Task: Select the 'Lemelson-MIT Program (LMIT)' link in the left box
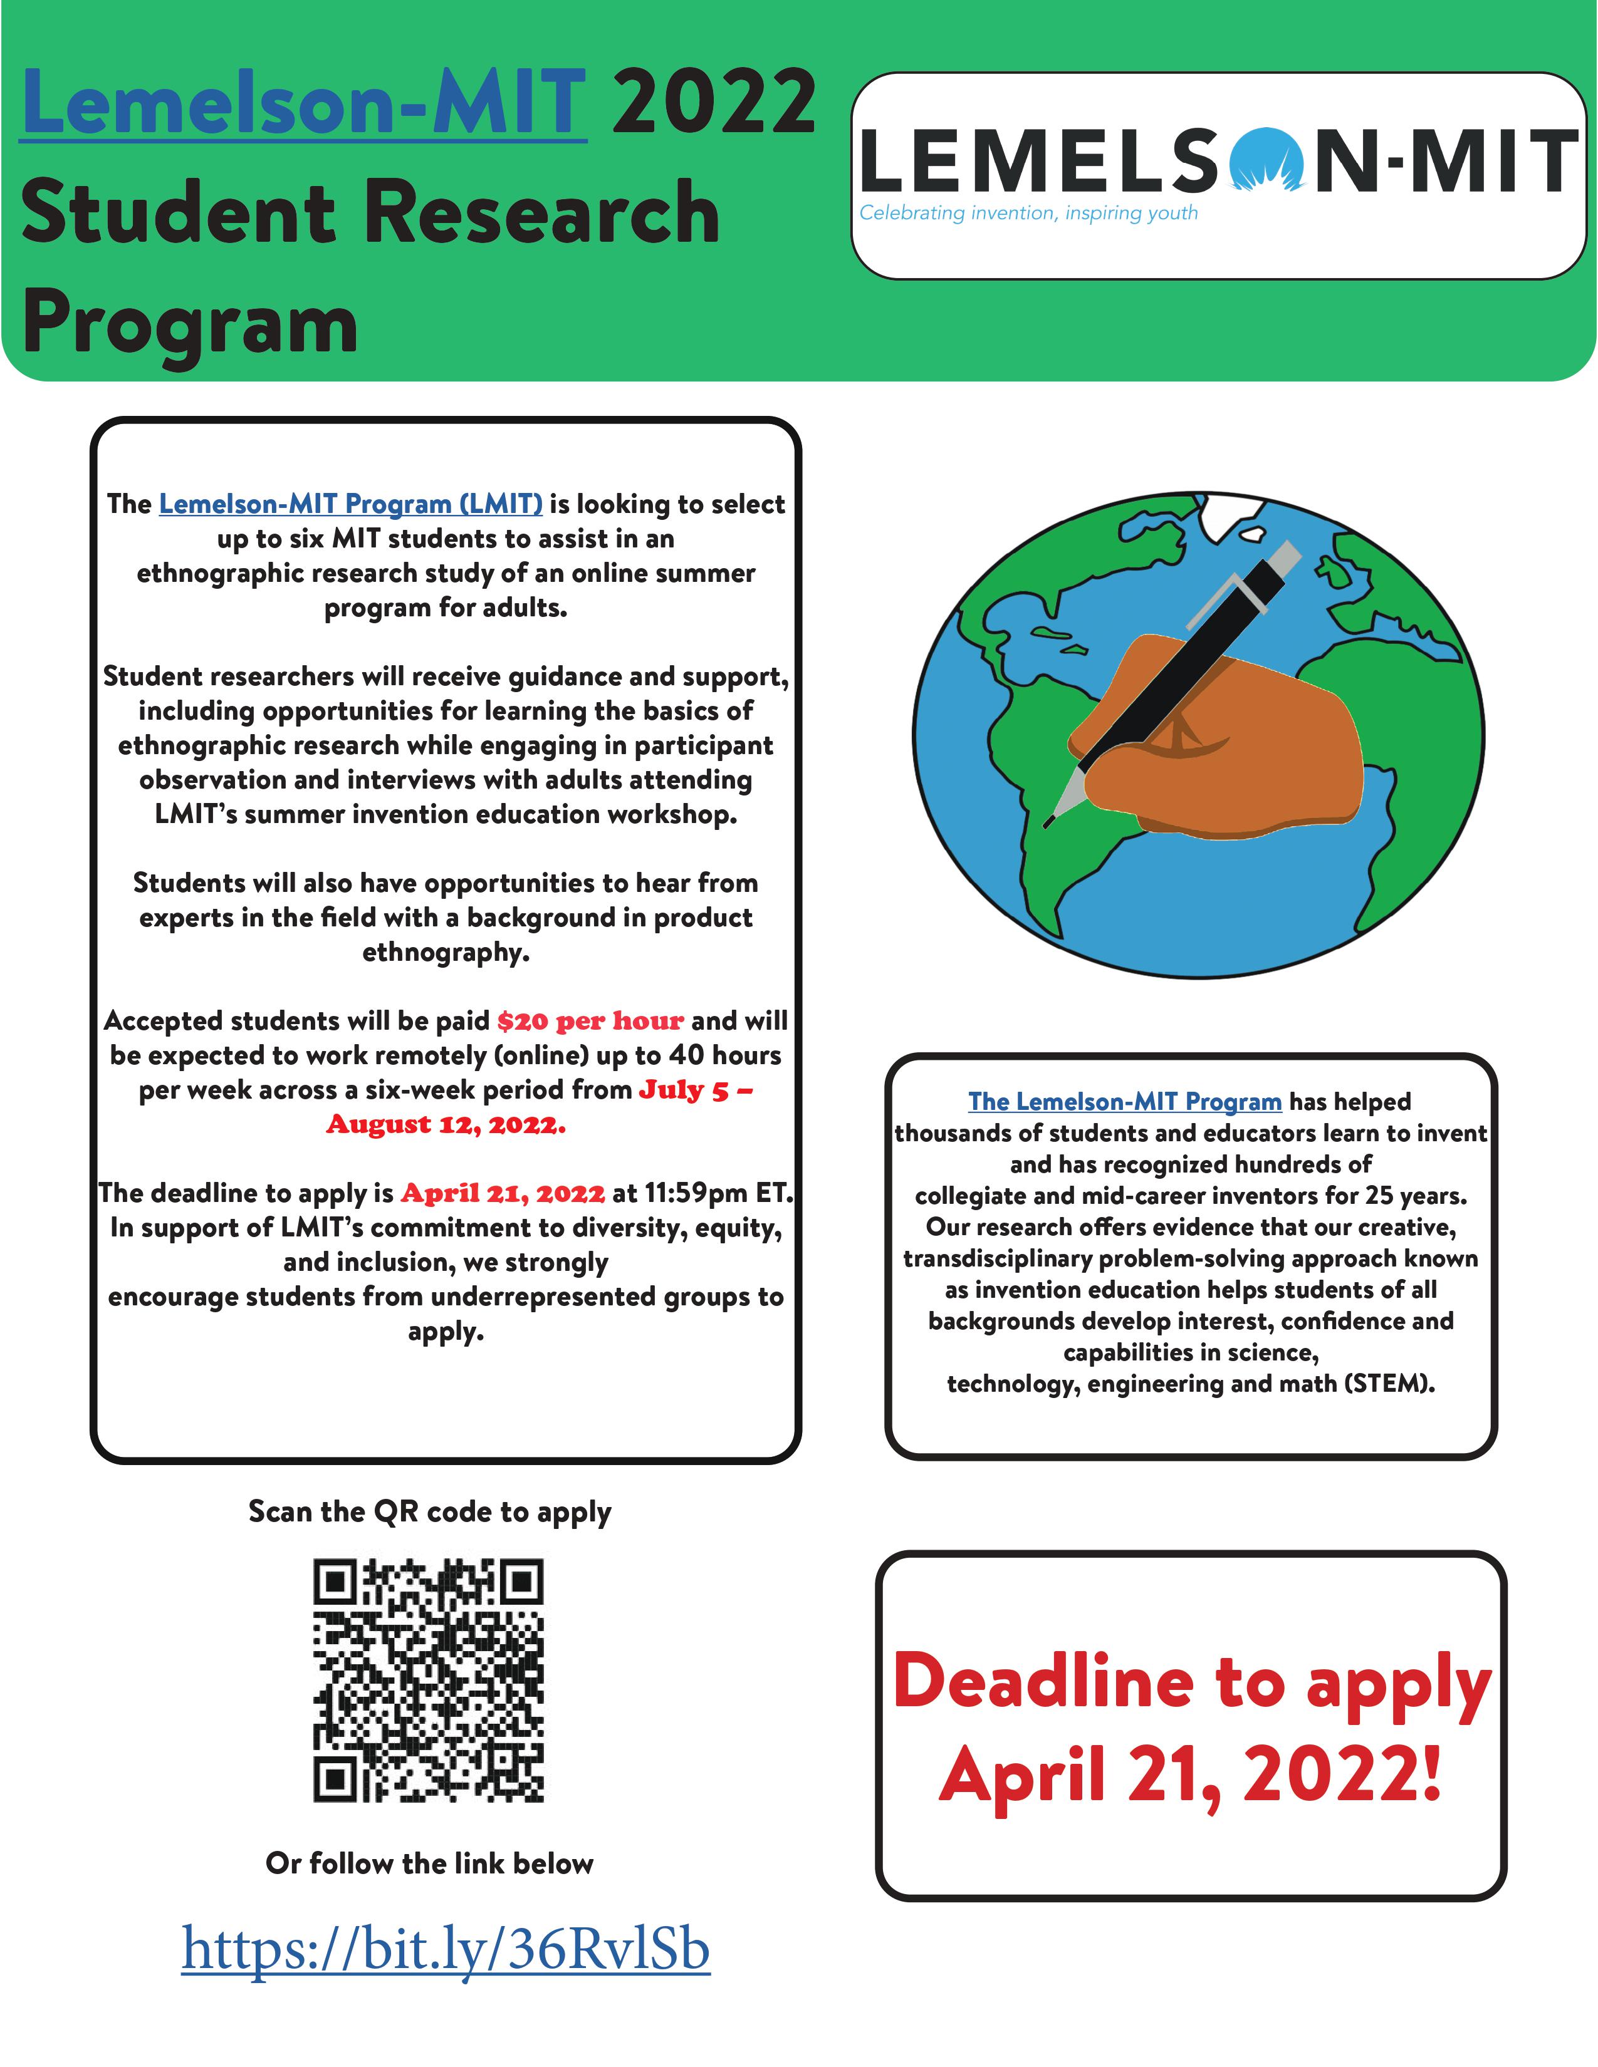click(x=350, y=504)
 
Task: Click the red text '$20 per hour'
click(x=590, y=1021)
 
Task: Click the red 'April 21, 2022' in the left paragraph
click(x=503, y=1193)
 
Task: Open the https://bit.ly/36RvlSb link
click(x=446, y=1950)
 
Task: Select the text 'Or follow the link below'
click(x=430, y=1863)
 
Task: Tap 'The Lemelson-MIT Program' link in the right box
click(x=1125, y=1102)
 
